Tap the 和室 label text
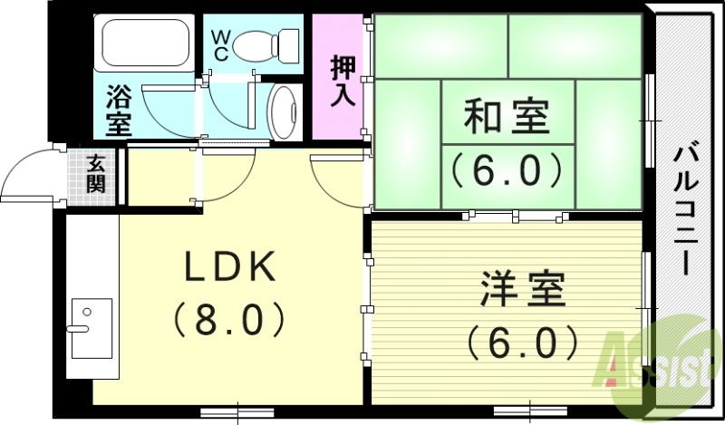coord(507,118)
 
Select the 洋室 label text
coord(523,292)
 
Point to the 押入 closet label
coord(343,81)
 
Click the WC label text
coord(222,46)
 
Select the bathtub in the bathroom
coord(142,43)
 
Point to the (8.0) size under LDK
coord(230,318)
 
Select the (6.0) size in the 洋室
coord(523,342)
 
